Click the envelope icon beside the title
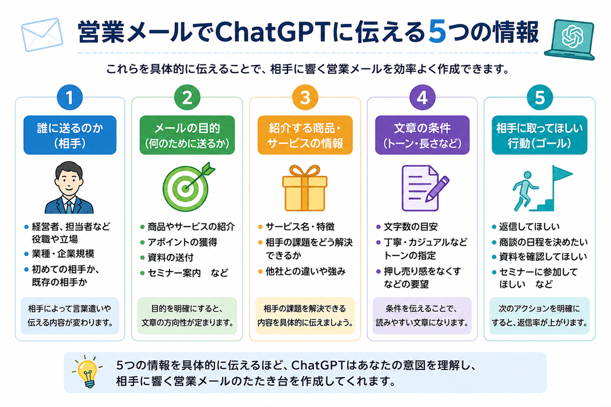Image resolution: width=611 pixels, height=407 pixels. tap(42, 34)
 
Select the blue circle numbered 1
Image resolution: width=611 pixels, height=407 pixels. tap(70, 97)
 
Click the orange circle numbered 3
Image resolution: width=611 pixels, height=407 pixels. tap(305, 97)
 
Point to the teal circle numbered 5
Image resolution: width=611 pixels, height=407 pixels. tap(539, 97)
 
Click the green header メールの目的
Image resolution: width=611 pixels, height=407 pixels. tap(187, 135)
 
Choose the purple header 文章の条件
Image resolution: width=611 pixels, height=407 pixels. tap(422, 135)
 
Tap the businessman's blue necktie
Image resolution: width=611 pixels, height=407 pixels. tap(69, 207)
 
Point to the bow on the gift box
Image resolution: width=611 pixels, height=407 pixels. tap(305, 172)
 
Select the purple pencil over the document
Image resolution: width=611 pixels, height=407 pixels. tap(437, 188)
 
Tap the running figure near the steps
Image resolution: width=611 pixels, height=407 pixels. tap(524, 191)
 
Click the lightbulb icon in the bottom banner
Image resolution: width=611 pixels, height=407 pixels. tap(87, 372)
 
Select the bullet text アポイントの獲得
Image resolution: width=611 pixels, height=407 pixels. tap(183, 242)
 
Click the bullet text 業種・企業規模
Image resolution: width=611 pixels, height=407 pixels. tap(63, 254)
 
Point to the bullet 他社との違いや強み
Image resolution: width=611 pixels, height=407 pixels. tap(305, 271)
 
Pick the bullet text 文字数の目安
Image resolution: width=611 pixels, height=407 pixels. tap(411, 226)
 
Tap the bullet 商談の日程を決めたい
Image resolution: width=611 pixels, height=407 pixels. tap(543, 242)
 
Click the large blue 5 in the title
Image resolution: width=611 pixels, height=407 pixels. tap(437, 32)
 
